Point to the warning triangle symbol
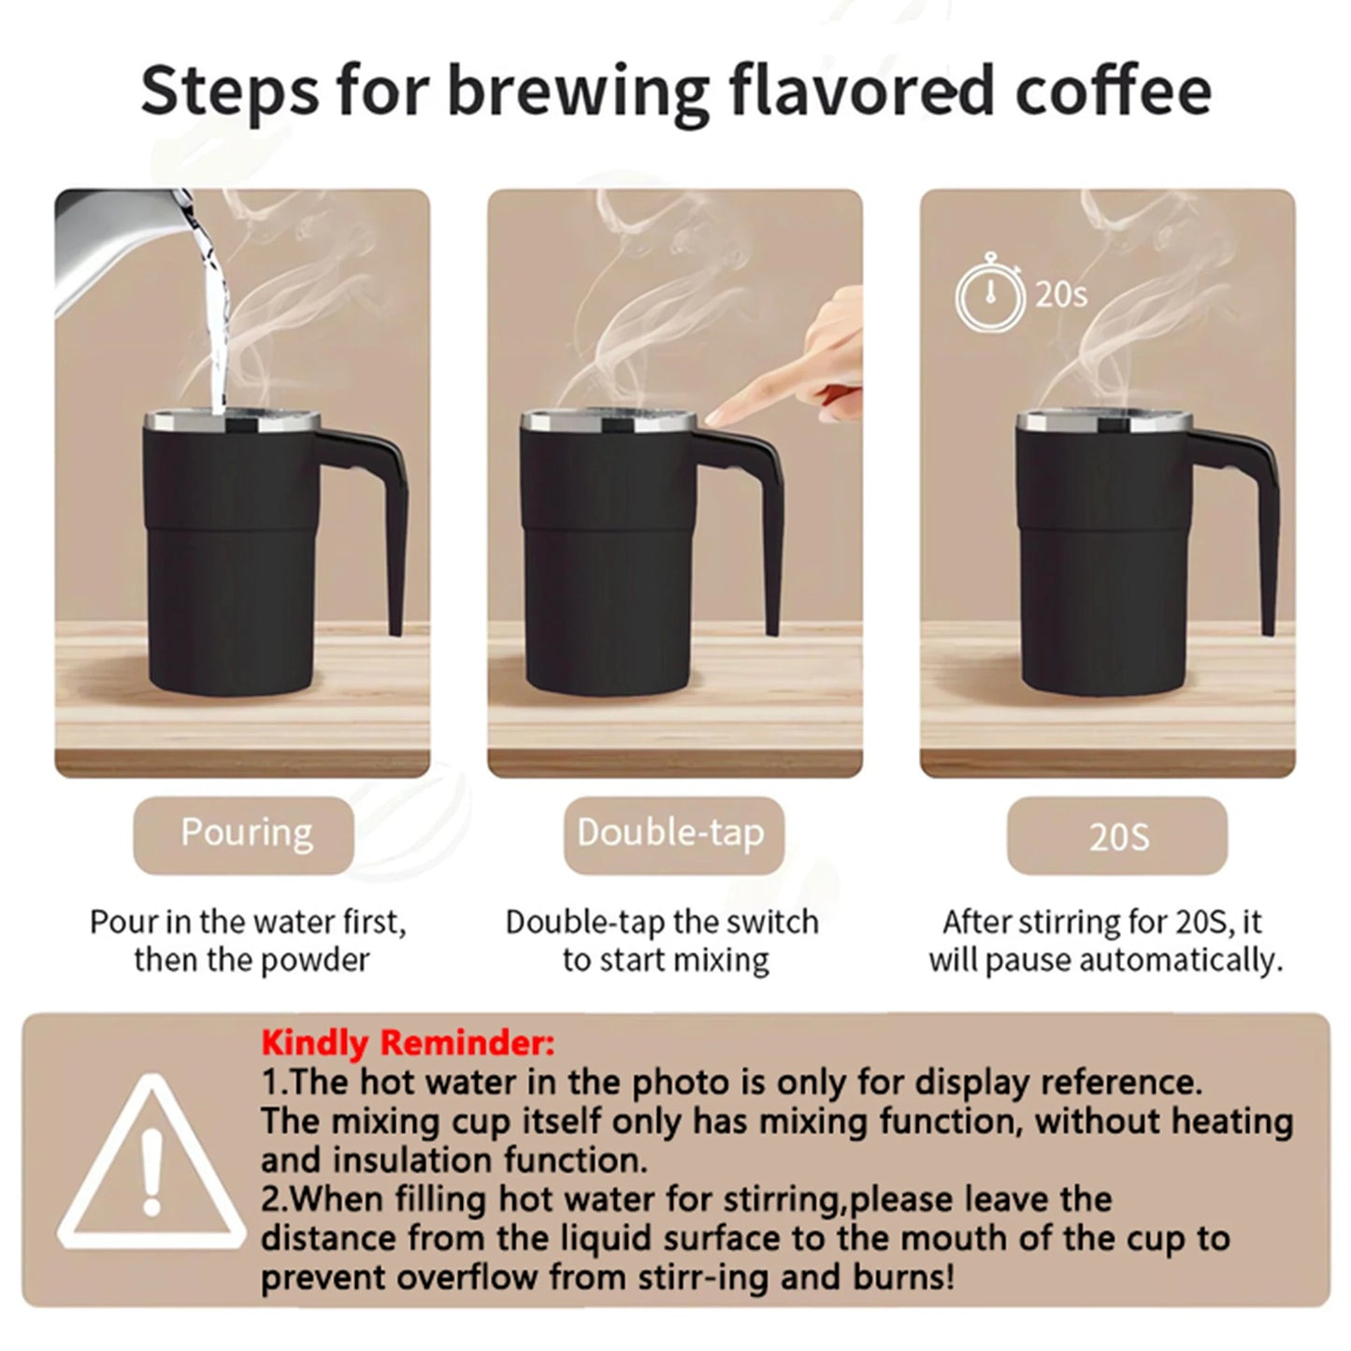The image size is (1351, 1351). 151,1171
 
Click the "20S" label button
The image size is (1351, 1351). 1117,836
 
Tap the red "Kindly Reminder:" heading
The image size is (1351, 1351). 408,1041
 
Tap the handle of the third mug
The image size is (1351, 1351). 1258,524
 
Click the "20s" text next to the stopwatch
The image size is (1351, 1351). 1060,295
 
